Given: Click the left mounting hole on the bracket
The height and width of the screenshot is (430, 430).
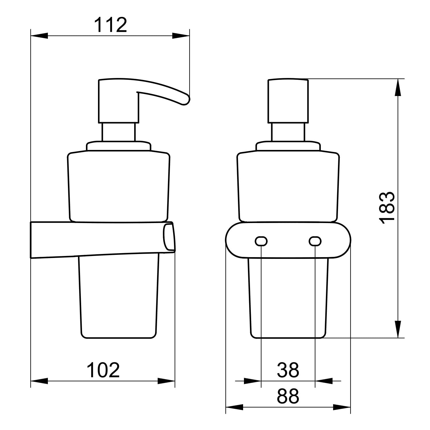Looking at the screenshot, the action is (x=261, y=241).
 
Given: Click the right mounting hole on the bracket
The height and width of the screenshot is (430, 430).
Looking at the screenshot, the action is (x=315, y=241).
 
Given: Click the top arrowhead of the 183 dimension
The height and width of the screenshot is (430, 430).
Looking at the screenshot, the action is (x=398, y=87).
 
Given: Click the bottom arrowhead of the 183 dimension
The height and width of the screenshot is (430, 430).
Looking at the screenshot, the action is (x=398, y=329).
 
